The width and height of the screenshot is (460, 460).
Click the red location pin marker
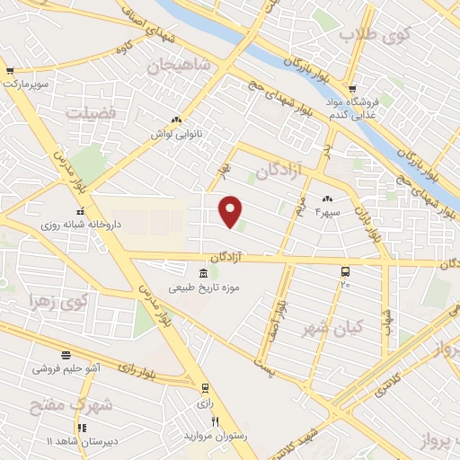(231, 210)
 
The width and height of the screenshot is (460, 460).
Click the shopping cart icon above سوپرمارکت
(9, 71)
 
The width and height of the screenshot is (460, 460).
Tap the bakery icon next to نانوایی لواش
(176, 119)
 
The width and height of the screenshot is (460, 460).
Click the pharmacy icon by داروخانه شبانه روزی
(79, 211)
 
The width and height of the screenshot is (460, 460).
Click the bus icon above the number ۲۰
(345, 270)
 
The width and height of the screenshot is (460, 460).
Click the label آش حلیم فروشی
(66, 368)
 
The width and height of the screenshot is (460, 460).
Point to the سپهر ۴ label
(329, 213)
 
